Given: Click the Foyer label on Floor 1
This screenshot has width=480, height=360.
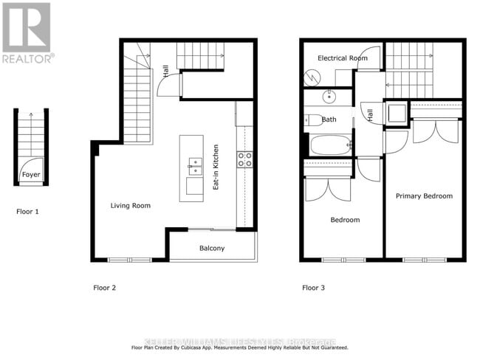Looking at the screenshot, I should click(30, 175).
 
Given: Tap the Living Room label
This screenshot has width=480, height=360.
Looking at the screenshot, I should click(131, 205).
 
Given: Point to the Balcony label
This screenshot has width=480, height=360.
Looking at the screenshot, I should click(212, 248).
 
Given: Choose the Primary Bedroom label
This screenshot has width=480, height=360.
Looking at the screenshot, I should click(424, 195).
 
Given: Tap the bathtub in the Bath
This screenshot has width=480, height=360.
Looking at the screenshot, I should click(330, 144).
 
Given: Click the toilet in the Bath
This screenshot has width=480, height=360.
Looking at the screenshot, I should click(312, 119).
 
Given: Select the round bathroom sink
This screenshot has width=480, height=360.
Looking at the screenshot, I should click(329, 97).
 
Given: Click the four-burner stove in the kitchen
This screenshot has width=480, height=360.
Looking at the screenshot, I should click(244, 159).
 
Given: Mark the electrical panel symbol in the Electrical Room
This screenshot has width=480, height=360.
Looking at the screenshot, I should click(312, 76).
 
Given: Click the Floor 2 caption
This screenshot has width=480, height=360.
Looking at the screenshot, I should click(104, 287).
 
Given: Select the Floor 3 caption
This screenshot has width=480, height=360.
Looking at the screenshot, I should click(314, 287).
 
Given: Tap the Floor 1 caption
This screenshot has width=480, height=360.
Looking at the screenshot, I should click(27, 211).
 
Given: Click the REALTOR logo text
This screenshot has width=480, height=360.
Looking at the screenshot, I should click(27, 58).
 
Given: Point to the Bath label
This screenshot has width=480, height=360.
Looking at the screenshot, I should click(329, 119).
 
